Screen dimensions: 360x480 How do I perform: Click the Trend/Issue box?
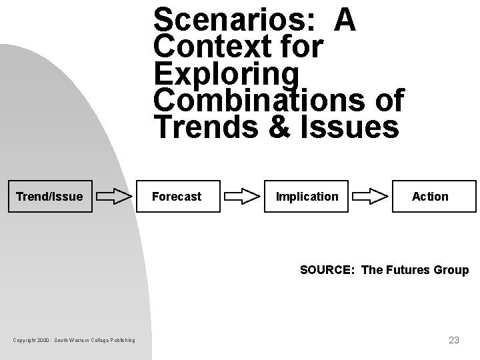point(49,197)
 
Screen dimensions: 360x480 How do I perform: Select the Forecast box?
point(177,197)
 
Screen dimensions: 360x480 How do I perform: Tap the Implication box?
point(307,197)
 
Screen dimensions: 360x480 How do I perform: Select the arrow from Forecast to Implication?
point(242,197)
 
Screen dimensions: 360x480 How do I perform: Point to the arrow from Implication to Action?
point(370,197)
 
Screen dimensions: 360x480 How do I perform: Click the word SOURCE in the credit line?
point(327,270)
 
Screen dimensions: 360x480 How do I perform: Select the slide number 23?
point(453,340)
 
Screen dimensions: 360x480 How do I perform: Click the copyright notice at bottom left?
point(73,341)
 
